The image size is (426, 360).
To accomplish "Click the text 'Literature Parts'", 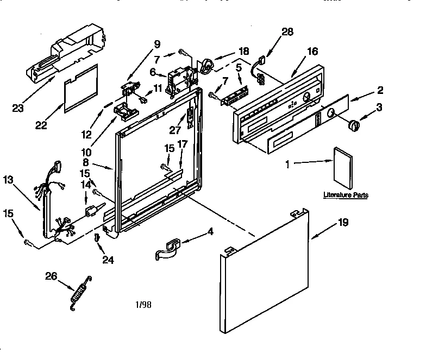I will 346,194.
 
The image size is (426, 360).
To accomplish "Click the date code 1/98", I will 143,305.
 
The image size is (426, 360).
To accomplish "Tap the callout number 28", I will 287,31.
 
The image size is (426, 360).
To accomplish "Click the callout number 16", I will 312,51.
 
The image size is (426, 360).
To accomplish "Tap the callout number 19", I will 343,222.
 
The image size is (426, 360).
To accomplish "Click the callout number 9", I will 157,45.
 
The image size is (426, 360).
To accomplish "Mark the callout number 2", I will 380,90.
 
